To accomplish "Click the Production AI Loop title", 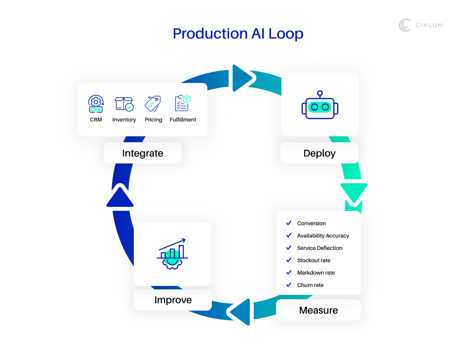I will (x=238, y=34).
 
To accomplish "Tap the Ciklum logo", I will (x=420, y=25).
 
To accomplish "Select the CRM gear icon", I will (x=96, y=104).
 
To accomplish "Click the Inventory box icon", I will (x=124, y=104).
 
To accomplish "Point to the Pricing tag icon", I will (x=153, y=104).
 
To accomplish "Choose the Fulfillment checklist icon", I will (x=183, y=103).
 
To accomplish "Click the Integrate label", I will (x=143, y=154).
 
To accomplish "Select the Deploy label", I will (x=319, y=153).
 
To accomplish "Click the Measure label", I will (x=318, y=310).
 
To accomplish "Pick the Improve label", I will (x=173, y=300).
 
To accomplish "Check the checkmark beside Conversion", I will (x=289, y=223).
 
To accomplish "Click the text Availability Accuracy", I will (x=323, y=236).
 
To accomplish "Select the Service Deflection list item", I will (x=319, y=248).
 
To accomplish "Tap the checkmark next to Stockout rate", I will (x=289, y=260).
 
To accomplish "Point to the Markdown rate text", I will (x=316, y=273).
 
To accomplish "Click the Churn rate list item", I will (x=311, y=285).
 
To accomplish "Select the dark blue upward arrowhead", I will (x=120, y=197).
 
